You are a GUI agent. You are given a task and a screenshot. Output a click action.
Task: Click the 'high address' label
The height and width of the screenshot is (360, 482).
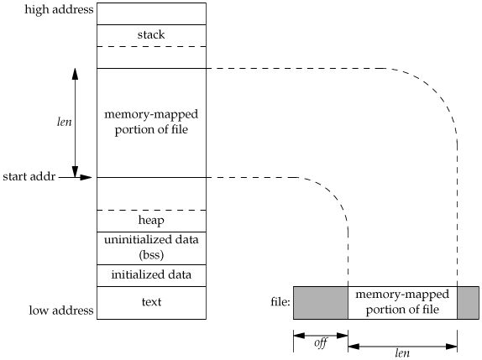click(x=59, y=10)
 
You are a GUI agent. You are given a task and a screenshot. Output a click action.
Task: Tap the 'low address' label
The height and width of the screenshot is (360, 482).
click(x=61, y=310)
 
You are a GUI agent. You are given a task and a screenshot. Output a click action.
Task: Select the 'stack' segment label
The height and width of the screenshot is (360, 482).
click(x=151, y=34)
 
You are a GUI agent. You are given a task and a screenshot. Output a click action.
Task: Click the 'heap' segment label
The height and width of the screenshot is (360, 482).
click(x=151, y=220)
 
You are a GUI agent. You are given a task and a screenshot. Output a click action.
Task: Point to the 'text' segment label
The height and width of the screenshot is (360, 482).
click(x=151, y=302)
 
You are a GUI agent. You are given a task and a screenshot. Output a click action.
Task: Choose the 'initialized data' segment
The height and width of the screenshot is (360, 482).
click(x=151, y=274)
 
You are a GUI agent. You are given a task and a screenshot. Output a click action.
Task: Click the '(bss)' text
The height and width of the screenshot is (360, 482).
click(x=151, y=255)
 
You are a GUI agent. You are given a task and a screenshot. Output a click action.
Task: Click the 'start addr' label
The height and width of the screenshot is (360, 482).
click(x=29, y=176)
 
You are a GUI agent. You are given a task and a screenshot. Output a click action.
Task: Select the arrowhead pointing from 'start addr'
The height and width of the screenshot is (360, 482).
click(x=86, y=177)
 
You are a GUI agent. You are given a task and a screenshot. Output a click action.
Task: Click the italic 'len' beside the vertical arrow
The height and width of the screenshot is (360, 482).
click(x=65, y=122)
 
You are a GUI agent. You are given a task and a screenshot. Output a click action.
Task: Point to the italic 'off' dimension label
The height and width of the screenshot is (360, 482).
click(x=321, y=343)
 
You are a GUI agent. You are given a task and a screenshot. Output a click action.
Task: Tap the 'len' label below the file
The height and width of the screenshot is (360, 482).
click(x=402, y=353)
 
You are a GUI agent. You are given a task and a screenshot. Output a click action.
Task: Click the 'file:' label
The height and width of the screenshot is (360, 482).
click(x=280, y=301)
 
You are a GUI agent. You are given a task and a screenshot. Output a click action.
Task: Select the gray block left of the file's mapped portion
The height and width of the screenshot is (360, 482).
click(x=321, y=303)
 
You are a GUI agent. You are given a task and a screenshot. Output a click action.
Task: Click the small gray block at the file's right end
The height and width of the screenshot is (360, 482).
click(x=469, y=303)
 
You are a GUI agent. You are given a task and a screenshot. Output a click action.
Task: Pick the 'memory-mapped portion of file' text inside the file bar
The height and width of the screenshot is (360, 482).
click(x=402, y=302)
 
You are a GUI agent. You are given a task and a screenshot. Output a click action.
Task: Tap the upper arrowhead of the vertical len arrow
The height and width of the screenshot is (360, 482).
click(x=75, y=74)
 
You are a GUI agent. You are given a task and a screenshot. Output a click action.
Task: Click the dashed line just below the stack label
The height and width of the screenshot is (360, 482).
click(x=151, y=47)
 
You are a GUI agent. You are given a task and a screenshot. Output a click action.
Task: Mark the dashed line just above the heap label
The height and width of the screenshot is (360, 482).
click(x=151, y=210)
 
